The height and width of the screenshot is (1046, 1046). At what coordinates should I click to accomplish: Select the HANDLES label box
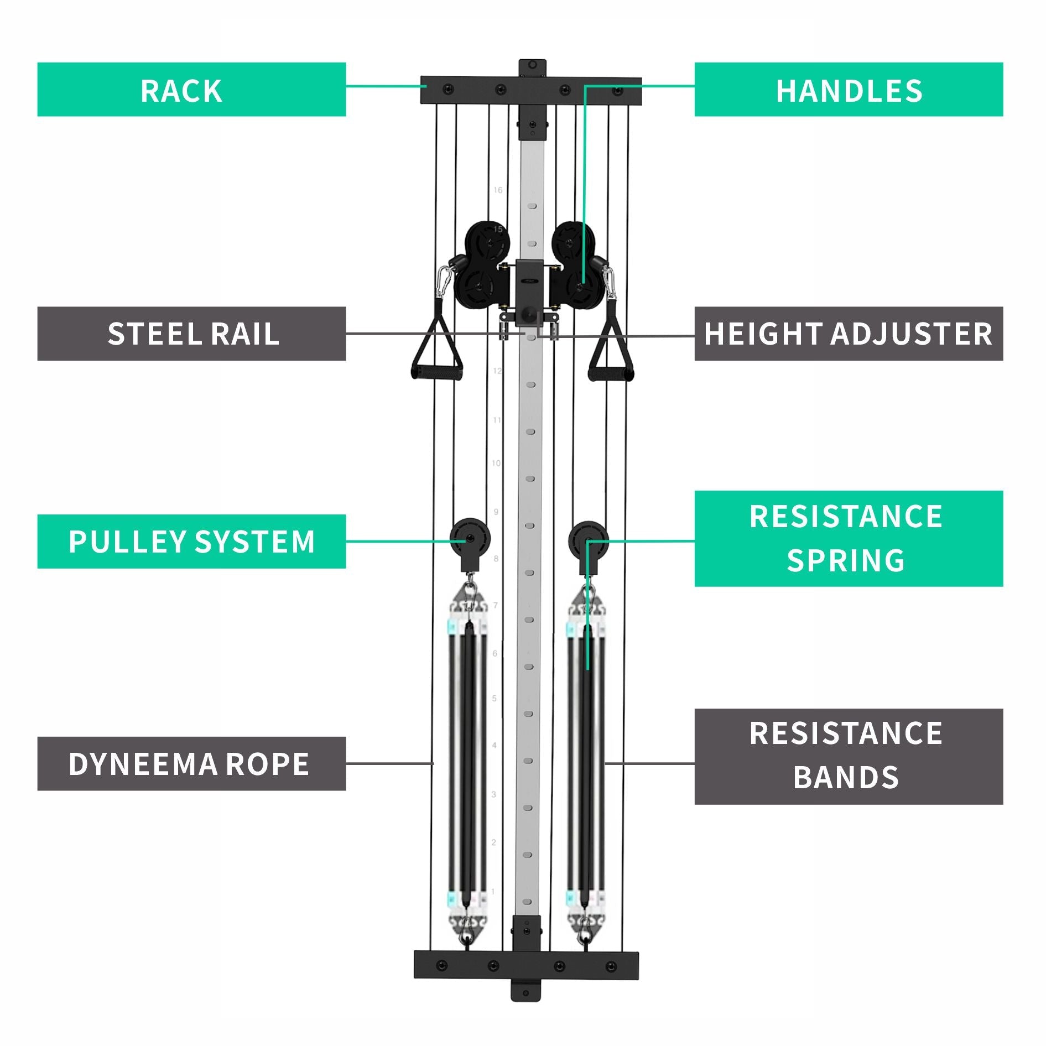click(848, 90)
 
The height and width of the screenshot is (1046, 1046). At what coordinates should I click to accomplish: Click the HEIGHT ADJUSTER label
click(848, 334)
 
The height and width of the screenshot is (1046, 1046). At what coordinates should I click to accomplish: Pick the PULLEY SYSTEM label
click(191, 541)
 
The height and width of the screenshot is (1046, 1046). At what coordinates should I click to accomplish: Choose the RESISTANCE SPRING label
click(848, 538)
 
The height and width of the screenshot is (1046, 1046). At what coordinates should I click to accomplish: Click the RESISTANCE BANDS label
click(848, 756)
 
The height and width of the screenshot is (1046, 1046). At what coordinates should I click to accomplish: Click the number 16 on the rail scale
click(498, 190)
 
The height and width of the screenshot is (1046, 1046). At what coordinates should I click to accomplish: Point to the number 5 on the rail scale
click(495, 699)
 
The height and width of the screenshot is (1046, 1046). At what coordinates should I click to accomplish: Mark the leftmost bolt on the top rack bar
click(448, 89)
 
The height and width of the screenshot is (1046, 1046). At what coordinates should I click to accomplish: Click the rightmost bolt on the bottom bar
click(611, 966)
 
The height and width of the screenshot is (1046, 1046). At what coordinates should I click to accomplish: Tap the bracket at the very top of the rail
click(532, 68)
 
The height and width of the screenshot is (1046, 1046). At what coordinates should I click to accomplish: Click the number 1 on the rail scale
click(493, 892)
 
